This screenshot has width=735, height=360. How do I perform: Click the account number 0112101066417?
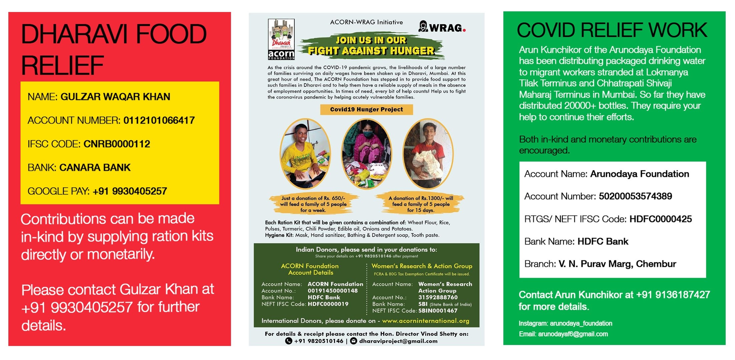click(159, 120)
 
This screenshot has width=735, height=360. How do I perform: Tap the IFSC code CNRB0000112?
click(117, 144)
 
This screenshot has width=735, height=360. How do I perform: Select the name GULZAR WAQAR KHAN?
click(115, 97)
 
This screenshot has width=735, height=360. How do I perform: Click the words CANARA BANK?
click(95, 168)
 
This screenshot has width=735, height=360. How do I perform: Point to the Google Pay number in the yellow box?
click(130, 191)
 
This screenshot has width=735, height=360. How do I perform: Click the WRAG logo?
click(442, 27)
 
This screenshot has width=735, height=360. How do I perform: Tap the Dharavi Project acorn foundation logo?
click(281, 39)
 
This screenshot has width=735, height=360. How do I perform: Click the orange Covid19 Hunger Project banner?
click(366, 110)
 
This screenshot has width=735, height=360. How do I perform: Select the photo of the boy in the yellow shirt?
click(305, 154)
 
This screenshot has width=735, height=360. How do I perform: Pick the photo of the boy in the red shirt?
click(428, 154)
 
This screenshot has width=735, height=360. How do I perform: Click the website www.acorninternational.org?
click(425, 321)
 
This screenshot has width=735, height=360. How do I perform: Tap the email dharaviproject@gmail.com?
click(398, 341)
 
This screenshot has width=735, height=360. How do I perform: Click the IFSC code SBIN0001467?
click(438, 311)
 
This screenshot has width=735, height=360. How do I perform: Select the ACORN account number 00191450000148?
click(332, 291)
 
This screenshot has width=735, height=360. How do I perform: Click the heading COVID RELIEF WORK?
click(612, 30)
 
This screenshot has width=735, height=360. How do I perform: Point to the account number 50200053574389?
click(635, 196)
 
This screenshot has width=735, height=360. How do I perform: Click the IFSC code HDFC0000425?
click(660, 219)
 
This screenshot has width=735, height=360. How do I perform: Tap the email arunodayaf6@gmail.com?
click(573, 334)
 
